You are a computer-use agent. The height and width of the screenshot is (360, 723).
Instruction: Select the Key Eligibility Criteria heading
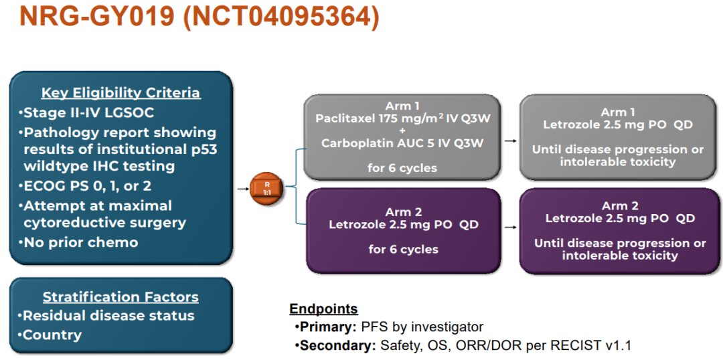[x=120, y=93]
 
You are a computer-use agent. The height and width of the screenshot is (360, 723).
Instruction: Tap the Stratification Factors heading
[x=120, y=296]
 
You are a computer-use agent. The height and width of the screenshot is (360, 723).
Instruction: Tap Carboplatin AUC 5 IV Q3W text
[x=402, y=143]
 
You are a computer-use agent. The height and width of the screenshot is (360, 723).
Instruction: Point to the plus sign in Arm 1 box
[x=402, y=131]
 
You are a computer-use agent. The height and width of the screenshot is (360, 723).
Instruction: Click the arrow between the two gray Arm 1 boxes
[x=510, y=141]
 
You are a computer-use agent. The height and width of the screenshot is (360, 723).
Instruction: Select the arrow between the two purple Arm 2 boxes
[x=510, y=227]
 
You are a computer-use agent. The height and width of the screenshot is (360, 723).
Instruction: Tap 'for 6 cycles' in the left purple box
[x=403, y=249]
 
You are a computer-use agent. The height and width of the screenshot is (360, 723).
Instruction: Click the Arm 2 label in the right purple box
[x=619, y=205]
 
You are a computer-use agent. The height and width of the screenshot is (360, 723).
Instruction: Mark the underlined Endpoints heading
[x=323, y=309]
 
